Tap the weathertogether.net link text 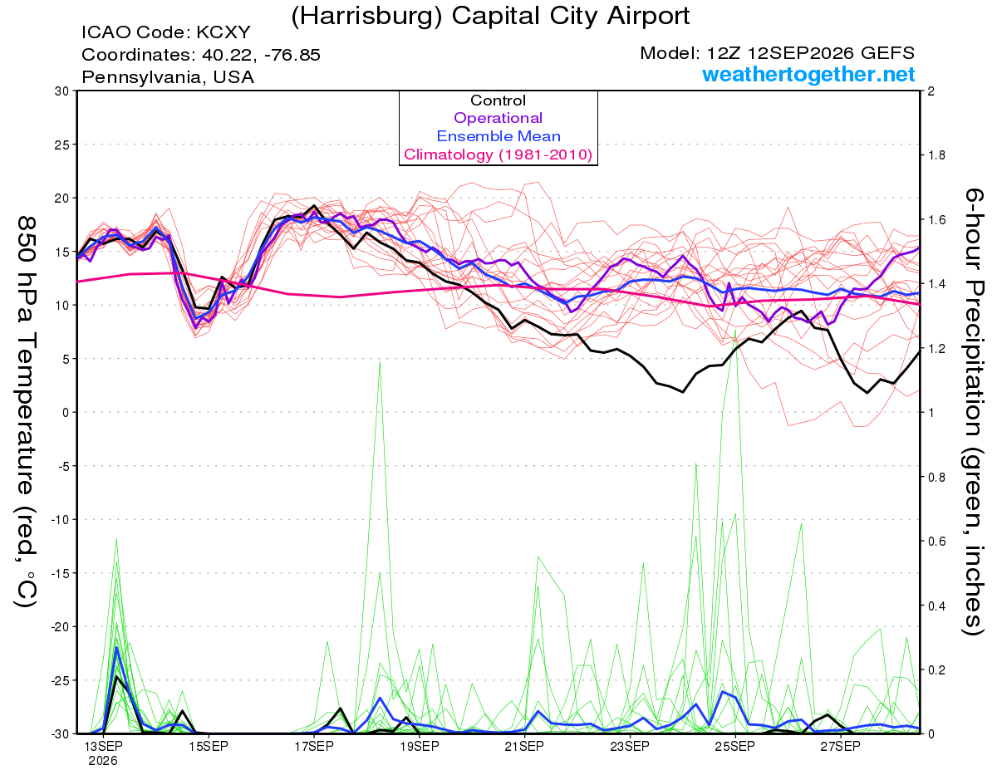(808, 74)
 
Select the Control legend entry (498, 101)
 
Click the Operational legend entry (498, 118)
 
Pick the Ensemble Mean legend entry (498, 136)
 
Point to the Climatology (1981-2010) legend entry (498, 154)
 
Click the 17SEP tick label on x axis (314, 746)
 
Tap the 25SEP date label (735, 746)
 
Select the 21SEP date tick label (524, 746)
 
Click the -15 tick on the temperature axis (60, 573)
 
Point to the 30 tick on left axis (62, 91)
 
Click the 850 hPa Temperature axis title (26, 412)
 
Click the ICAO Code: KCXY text (166, 32)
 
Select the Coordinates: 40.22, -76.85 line (201, 55)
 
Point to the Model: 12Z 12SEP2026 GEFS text (777, 53)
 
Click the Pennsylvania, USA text (168, 77)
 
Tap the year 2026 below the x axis (103, 762)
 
